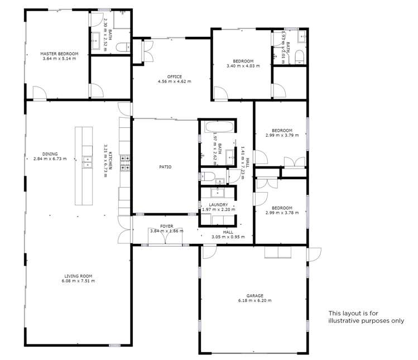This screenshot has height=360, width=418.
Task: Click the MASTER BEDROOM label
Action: pos(59,54)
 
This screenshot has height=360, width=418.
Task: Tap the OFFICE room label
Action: pos(174,76)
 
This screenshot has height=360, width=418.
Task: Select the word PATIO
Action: pos(165,167)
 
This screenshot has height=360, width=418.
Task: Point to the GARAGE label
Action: pos(254,296)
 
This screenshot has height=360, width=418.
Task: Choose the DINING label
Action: pos(50,154)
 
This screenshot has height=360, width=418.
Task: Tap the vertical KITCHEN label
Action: pos(110,161)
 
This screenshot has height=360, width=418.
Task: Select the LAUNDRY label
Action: pos(218,205)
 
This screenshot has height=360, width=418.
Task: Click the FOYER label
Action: pos(166,226)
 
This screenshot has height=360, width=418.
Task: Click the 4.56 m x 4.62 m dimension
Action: pos(174,81)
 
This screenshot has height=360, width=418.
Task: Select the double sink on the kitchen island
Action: pos(87,162)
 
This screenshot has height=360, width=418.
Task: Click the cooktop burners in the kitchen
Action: pos(126,162)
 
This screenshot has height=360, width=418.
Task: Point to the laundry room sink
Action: pos(218,193)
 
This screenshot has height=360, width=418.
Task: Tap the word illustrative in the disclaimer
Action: pos(347,321)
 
